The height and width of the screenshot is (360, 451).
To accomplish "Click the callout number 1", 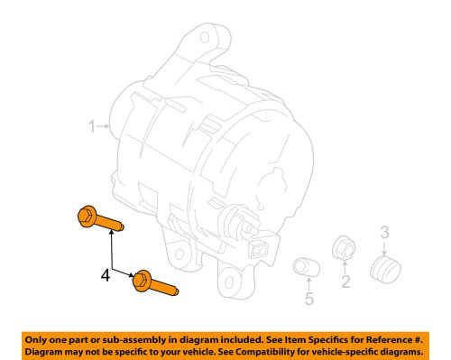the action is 92,126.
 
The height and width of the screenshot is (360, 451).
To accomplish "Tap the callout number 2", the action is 345,282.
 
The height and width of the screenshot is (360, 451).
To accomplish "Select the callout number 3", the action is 385,232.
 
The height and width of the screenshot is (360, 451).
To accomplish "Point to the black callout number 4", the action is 106,275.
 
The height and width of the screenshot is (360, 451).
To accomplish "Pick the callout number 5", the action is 309,299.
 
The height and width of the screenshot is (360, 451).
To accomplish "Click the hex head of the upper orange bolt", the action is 87,217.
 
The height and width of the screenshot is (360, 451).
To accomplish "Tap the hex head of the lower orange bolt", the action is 142,281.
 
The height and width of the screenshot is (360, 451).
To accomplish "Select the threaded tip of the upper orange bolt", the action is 121,226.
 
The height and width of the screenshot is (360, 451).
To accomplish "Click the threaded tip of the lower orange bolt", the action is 176,291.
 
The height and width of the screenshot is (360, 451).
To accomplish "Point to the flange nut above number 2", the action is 344,248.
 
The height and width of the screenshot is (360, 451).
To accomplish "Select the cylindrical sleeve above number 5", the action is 306,267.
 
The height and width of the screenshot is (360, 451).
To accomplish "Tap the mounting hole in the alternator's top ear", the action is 205,38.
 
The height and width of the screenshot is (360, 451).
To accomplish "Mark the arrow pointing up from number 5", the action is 308,284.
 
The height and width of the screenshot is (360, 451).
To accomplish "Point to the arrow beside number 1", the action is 103,126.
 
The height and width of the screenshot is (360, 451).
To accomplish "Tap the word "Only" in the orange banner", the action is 36,340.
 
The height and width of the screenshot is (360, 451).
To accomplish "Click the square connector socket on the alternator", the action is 258,249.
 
